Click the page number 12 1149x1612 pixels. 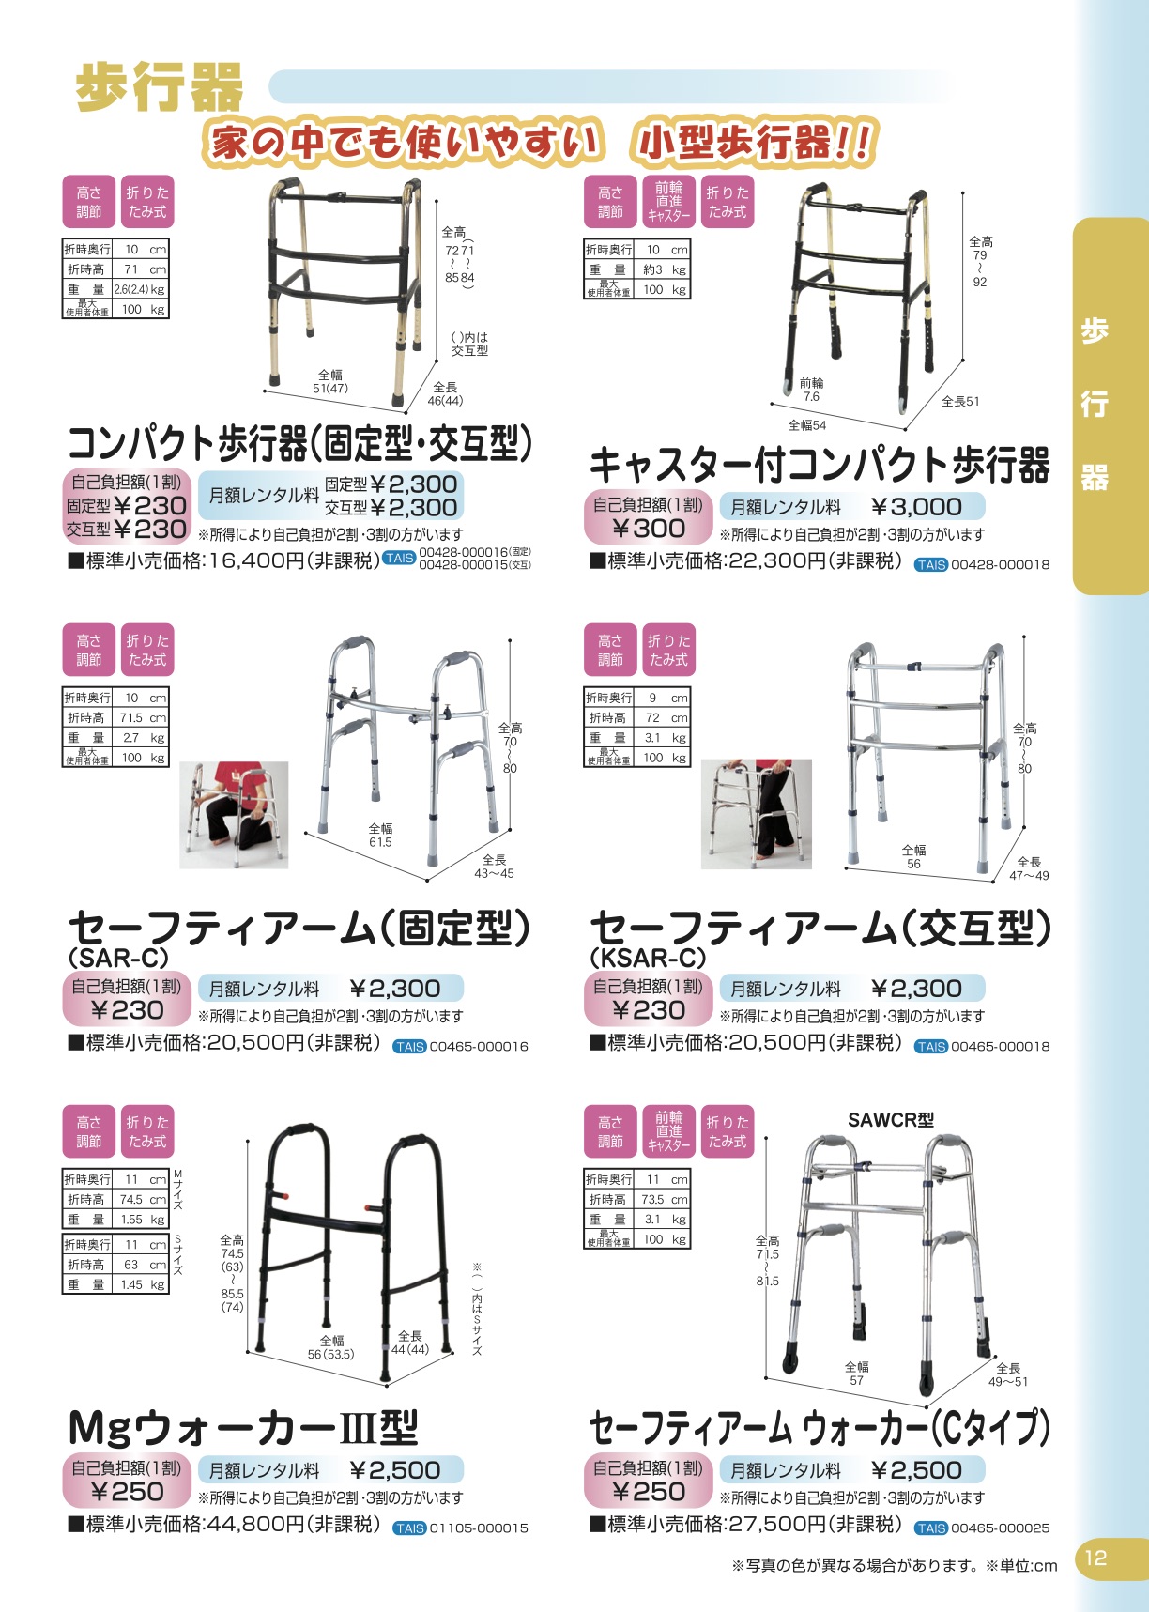pyautogui.click(x=1095, y=1558)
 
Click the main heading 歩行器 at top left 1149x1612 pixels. pyautogui.click(x=160, y=87)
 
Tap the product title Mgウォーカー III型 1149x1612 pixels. pyautogui.click(x=243, y=1428)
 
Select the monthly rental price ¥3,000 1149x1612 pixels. pyautogui.click(x=916, y=507)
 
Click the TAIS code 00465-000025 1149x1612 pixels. pyautogui.click(x=1000, y=1528)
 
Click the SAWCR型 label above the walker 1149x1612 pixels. pyautogui.click(x=891, y=1119)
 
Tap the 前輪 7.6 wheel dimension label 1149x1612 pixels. pyautogui.click(x=811, y=390)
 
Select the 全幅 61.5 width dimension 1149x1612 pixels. pyautogui.click(x=380, y=836)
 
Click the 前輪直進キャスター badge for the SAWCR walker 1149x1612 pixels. pyautogui.click(x=668, y=1131)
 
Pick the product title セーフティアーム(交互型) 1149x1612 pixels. pyautogui.click(x=820, y=928)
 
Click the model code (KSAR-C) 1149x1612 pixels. pyautogui.click(x=648, y=958)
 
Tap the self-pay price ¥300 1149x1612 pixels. pyautogui.click(x=648, y=528)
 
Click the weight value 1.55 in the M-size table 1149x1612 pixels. pyautogui.click(x=131, y=1220)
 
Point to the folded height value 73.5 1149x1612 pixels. pyautogui.click(x=653, y=1199)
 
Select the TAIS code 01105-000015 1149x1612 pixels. pyautogui.click(x=479, y=1528)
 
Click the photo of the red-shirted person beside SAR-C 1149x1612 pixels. pyautogui.click(x=234, y=815)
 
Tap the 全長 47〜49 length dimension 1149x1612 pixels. pyautogui.click(x=1029, y=868)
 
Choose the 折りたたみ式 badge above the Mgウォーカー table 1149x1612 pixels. pyautogui.click(x=147, y=1131)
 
